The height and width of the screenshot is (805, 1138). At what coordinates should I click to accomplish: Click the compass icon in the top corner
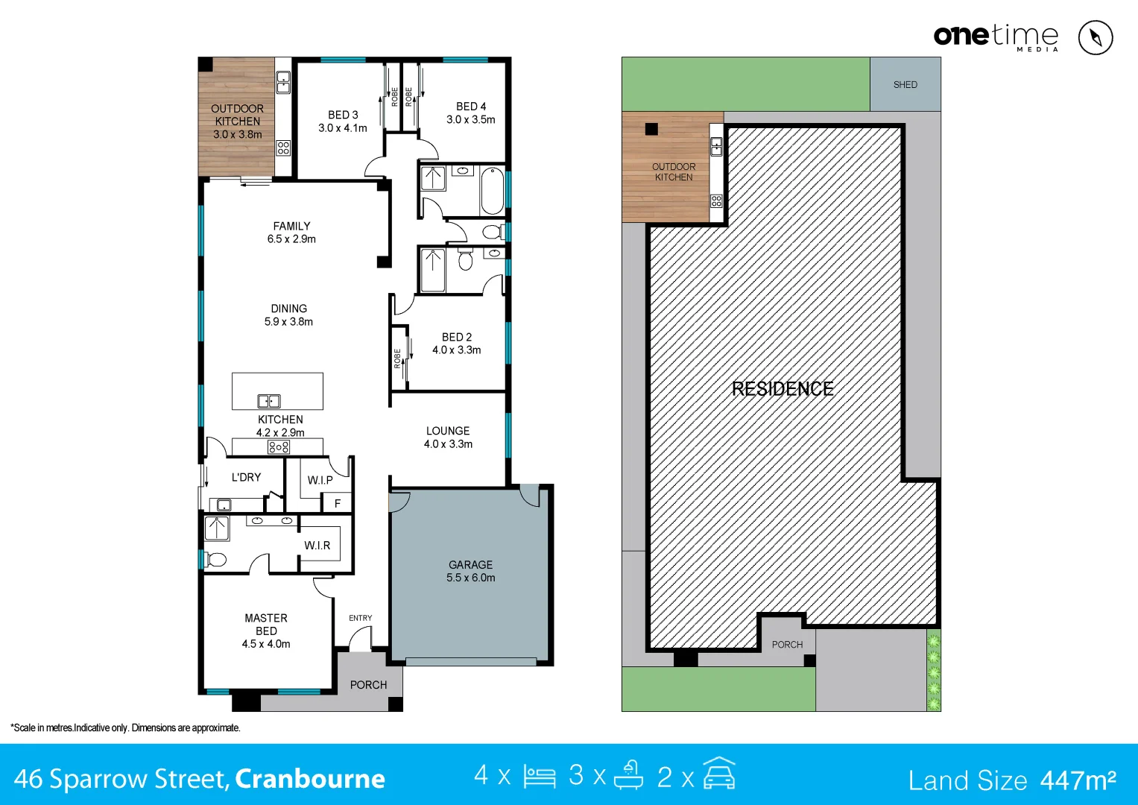coord(1095,37)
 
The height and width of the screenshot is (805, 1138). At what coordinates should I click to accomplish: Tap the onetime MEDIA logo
coord(996,37)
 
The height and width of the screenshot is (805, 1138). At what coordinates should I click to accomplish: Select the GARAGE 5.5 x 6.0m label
coord(470,571)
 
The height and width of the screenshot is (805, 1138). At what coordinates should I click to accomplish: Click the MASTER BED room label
coord(266,625)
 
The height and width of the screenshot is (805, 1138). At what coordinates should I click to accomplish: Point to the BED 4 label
coord(471,107)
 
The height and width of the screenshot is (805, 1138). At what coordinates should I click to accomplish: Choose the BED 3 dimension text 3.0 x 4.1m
coord(343,128)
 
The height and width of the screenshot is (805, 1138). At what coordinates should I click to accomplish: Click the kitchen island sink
coord(269,401)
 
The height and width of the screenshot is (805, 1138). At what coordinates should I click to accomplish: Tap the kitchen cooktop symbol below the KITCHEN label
coord(279,447)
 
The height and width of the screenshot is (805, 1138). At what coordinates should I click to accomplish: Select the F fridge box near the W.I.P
coord(338,503)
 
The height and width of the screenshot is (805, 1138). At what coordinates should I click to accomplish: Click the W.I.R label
coord(317,546)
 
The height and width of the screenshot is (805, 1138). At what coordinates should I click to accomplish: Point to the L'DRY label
coord(246,477)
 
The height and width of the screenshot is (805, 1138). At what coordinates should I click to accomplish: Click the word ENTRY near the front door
coord(360,618)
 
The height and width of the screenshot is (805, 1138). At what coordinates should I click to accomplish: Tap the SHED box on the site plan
coord(905,85)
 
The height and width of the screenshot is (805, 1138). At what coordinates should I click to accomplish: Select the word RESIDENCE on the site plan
coord(783,389)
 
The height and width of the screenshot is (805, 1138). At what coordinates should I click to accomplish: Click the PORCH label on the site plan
coord(787,645)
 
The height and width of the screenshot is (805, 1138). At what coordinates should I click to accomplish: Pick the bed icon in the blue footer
coord(540,776)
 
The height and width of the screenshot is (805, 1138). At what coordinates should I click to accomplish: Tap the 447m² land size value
coord(1078,780)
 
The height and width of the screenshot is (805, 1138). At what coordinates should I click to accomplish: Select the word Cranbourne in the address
coord(310,779)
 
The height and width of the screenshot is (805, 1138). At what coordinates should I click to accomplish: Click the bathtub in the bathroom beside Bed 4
coord(492,192)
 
